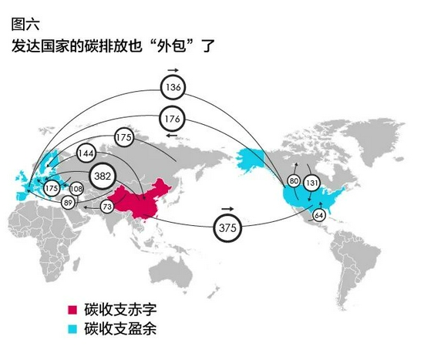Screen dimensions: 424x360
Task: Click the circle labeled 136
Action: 173,87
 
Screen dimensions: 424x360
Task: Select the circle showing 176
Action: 172,119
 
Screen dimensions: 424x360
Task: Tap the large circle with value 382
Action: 103,176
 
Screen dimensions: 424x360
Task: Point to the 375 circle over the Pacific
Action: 227,227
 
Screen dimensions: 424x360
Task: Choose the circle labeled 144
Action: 86,153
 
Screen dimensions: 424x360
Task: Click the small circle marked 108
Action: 76,189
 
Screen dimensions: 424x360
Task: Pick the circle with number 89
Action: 68,202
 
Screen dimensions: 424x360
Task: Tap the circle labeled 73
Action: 107,207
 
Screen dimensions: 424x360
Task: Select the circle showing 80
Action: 294,180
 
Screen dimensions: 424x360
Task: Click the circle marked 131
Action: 311,183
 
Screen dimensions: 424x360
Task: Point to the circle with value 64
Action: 319,215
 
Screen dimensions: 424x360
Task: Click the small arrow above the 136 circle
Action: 173,70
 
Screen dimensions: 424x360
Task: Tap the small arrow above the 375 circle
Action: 227,209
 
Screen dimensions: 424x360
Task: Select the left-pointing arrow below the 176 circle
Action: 171,135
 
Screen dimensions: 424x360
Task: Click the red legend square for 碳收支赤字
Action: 72,310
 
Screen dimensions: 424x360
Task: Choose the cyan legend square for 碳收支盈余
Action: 72,329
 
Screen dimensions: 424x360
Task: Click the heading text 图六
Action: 25,25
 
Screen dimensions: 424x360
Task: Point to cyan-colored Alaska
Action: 250,160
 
